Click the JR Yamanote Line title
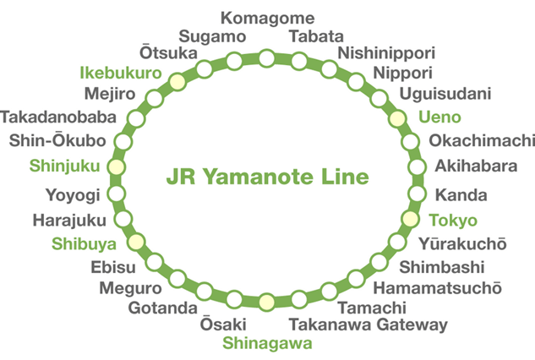click(x=268, y=177)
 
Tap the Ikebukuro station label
click(x=120, y=73)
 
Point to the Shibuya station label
click(x=82, y=244)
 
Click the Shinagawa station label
click(x=267, y=342)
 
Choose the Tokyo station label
click(x=453, y=221)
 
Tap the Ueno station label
click(x=440, y=116)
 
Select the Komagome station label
click(x=266, y=18)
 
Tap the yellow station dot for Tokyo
click(x=410, y=220)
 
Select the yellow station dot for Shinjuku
click(x=117, y=166)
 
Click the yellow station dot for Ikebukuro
click(x=176, y=81)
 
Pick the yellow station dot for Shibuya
click(x=134, y=243)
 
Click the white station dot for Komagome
click(x=266, y=57)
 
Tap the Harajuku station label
click(x=69, y=221)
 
